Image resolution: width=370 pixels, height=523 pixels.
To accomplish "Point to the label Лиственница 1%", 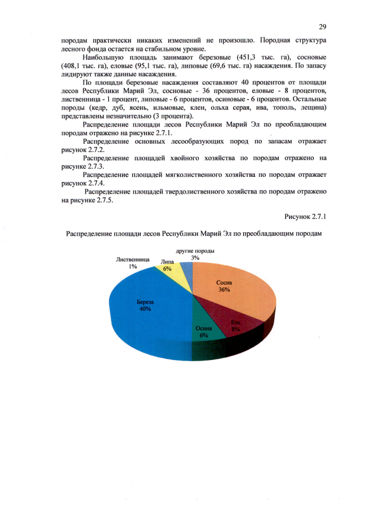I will (x=133, y=263).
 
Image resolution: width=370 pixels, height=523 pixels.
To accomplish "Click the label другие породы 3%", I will (x=195, y=254).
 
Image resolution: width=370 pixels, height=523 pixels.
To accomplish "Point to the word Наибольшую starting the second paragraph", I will (x=104, y=58).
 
